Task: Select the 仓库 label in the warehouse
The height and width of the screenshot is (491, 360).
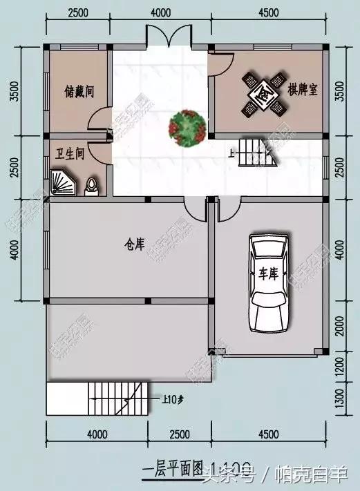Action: (x=135, y=244)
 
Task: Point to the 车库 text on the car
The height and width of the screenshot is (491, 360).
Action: (x=267, y=273)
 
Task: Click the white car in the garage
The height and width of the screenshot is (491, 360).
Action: (x=268, y=283)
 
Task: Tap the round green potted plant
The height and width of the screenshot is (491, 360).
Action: (x=186, y=128)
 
